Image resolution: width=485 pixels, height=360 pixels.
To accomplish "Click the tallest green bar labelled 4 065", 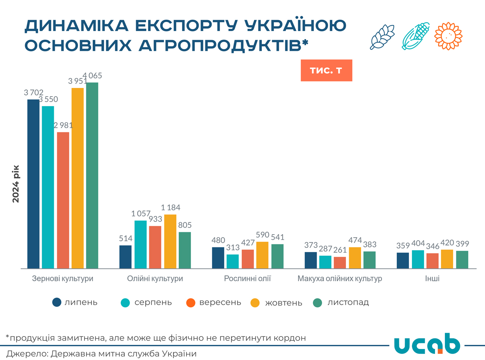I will coord(92,175).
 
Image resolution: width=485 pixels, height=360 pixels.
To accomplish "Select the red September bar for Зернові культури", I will coord(63,200).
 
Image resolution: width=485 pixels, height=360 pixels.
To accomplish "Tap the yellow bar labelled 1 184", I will coord(170,241).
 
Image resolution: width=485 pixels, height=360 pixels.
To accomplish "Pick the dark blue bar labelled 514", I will coord(125,257).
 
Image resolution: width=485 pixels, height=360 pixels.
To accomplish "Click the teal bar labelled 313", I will coord(233,261).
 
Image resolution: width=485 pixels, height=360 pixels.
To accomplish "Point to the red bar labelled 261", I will coord(340,263).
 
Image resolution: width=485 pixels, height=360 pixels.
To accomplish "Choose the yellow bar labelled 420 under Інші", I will coord(447,259).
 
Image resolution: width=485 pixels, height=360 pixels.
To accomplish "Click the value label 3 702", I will coord(34,92).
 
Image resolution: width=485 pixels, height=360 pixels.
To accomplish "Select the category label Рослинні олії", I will coord(247,279).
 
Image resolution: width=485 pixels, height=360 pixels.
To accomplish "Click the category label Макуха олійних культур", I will coord(339,279).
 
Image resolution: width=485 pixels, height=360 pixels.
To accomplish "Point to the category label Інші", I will coord(432,279).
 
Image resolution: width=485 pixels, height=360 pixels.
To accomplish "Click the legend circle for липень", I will coord(57,302).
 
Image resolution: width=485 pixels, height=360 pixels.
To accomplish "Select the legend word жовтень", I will coord(283,303).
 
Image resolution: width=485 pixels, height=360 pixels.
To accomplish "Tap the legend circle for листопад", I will coord(318,302).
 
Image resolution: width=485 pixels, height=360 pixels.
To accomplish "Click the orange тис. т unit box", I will coord(326,70).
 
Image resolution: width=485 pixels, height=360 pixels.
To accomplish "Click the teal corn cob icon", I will coord(415,36).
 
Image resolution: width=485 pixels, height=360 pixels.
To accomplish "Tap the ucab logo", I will coord(427,344).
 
